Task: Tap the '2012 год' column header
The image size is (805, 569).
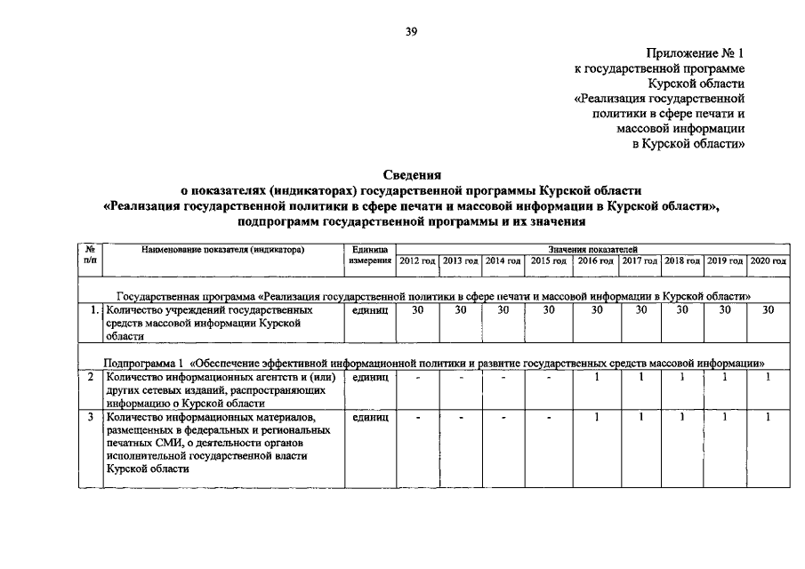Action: coord(418,260)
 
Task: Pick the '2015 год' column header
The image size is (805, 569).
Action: coord(549,260)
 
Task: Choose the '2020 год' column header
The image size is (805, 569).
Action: coord(769,260)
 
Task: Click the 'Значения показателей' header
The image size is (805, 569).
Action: coord(592,250)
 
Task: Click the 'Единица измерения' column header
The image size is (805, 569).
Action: coord(370,255)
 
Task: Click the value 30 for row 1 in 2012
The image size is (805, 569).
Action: coord(418,310)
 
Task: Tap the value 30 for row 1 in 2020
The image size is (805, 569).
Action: coord(769,310)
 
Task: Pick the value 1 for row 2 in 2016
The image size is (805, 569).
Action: coord(597,377)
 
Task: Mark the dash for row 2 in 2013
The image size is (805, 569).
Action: coord(461,378)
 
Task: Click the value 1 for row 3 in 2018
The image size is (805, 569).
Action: coord(682,416)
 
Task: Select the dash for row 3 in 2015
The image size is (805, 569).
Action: coord(549,417)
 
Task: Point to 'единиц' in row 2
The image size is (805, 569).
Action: coord(370,378)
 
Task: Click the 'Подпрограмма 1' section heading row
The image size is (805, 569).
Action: coord(434,363)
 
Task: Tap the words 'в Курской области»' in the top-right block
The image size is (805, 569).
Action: coord(688,143)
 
